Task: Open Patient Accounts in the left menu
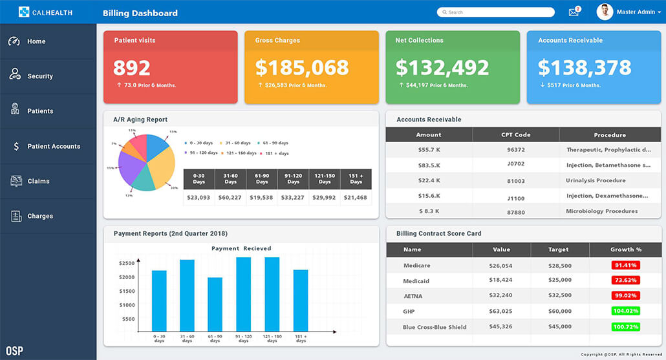(53, 146)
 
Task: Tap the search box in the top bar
(496, 12)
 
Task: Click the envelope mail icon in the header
(573, 12)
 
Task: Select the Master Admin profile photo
(605, 12)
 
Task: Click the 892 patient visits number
(132, 68)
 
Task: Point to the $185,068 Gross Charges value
(302, 68)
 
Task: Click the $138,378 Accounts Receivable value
(585, 68)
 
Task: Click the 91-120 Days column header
(293, 178)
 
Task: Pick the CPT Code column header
(515, 135)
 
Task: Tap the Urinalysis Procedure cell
(596, 181)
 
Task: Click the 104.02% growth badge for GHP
(625, 312)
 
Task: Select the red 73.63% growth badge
(625, 281)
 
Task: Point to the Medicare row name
(416, 266)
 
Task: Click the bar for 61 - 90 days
(215, 304)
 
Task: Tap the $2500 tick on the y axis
(127, 263)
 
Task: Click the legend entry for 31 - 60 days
(237, 143)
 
